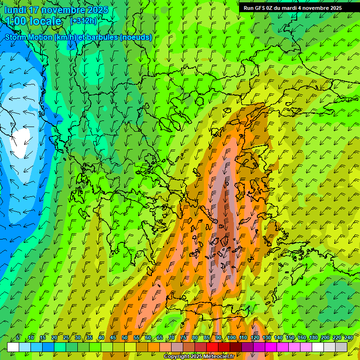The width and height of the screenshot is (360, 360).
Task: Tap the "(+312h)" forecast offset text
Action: (83, 21)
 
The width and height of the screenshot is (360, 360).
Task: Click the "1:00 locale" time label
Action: (34, 21)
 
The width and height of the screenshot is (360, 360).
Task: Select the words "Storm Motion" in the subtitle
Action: (29, 37)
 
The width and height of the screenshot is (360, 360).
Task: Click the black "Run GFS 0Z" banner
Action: (292, 7)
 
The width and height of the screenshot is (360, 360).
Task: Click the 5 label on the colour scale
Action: (18, 338)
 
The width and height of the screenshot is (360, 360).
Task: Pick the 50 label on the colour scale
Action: (125, 338)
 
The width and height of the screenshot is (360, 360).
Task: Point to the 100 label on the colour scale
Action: (231, 338)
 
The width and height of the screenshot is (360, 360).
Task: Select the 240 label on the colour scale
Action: (348, 338)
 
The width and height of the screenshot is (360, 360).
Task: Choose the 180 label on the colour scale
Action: (313, 338)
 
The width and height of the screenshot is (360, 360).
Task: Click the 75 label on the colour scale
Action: (183, 338)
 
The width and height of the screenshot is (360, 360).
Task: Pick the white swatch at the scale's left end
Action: (13, 347)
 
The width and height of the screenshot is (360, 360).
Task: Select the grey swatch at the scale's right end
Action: (341, 347)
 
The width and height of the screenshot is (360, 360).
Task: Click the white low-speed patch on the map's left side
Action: (21, 142)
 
